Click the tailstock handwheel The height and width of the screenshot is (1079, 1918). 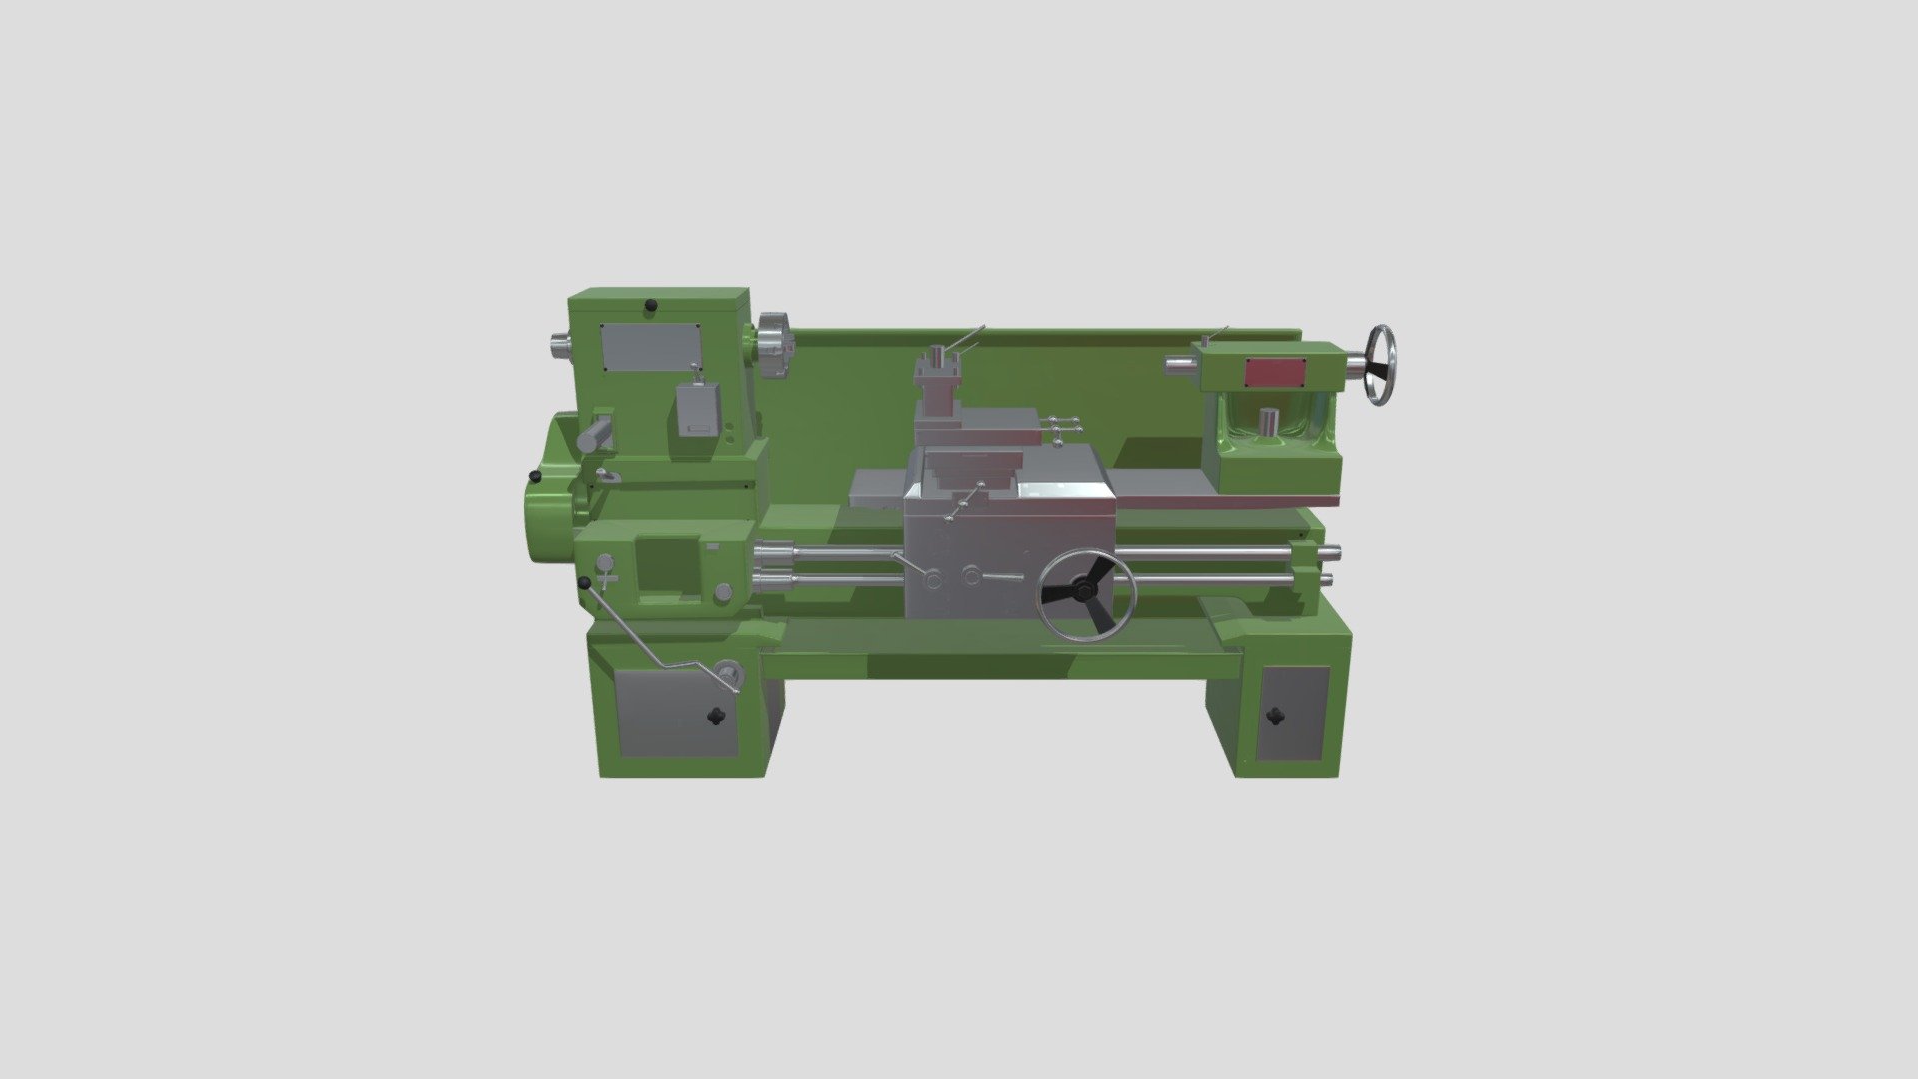[1382, 365]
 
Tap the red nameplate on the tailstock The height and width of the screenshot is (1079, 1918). [1274, 373]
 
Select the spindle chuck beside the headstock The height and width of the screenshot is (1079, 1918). [773, 345]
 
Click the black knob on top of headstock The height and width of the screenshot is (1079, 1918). [651, 305]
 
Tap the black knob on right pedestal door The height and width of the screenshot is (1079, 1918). [1275, 715]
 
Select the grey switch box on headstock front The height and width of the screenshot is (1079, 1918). [697, 410]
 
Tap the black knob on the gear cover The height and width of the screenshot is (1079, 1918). [535, 477]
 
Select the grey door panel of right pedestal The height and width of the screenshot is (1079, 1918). [1293, 715]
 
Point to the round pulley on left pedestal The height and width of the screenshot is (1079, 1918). [728, 675]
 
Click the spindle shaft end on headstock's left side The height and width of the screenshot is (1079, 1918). [556, 346]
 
